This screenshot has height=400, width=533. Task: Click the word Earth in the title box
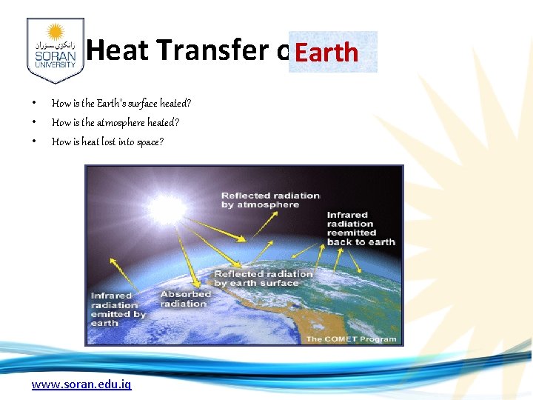coord(326,53)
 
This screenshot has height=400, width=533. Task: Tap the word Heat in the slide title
coord(117,50)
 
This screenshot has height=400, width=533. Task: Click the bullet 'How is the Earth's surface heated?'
coord(121,103)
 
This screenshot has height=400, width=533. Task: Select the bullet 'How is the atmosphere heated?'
coord(115,122)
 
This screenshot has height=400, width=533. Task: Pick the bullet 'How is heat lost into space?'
coord(107,141)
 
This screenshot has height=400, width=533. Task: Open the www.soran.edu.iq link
coord(81,384)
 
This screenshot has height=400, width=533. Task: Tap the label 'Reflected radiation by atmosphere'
coord(270,200)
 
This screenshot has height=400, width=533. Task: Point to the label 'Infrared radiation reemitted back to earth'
coord(361,228)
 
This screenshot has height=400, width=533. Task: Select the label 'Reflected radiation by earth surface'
coord(264,278)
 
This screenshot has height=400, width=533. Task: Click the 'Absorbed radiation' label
coord(185,299)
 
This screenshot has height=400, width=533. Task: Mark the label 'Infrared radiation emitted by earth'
coord(118,309)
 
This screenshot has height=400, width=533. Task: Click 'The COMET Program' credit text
coord(351,339)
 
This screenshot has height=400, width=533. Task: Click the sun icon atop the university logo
coord(55,33)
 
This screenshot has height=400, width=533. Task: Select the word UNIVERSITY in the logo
coord(55,64)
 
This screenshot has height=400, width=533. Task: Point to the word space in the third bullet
coord(149,141)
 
